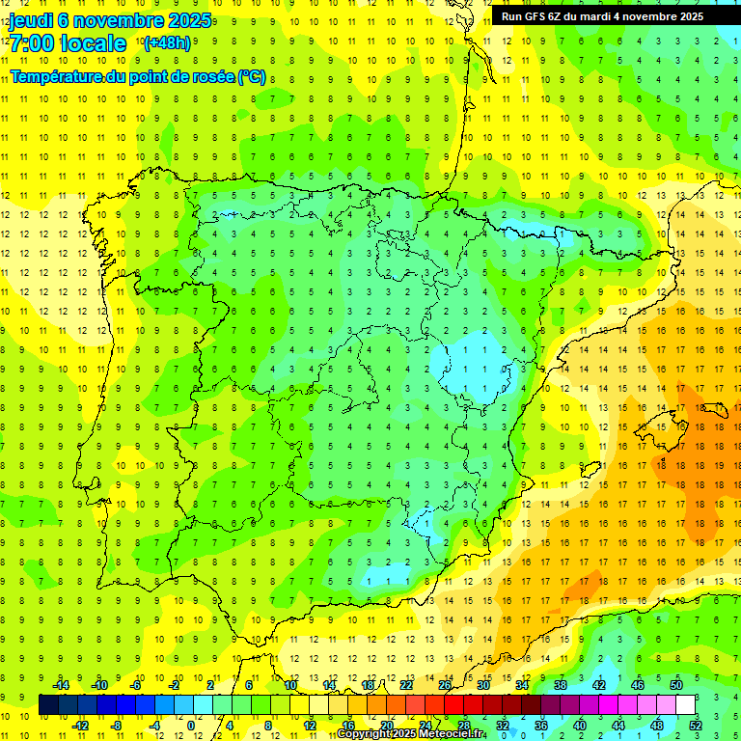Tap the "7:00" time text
(33, 43)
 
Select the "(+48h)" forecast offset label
(167, 43)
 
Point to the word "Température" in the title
(58, 76)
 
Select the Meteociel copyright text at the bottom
(411, 734)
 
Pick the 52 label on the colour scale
(696, 725)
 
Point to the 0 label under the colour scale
(190, 725)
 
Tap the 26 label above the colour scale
(445, 685)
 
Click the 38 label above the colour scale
(561, 685)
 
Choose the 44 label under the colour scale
(618, 725)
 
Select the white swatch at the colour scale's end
(685, 704)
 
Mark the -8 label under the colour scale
(116, 725)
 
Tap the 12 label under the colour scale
(309, 725)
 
